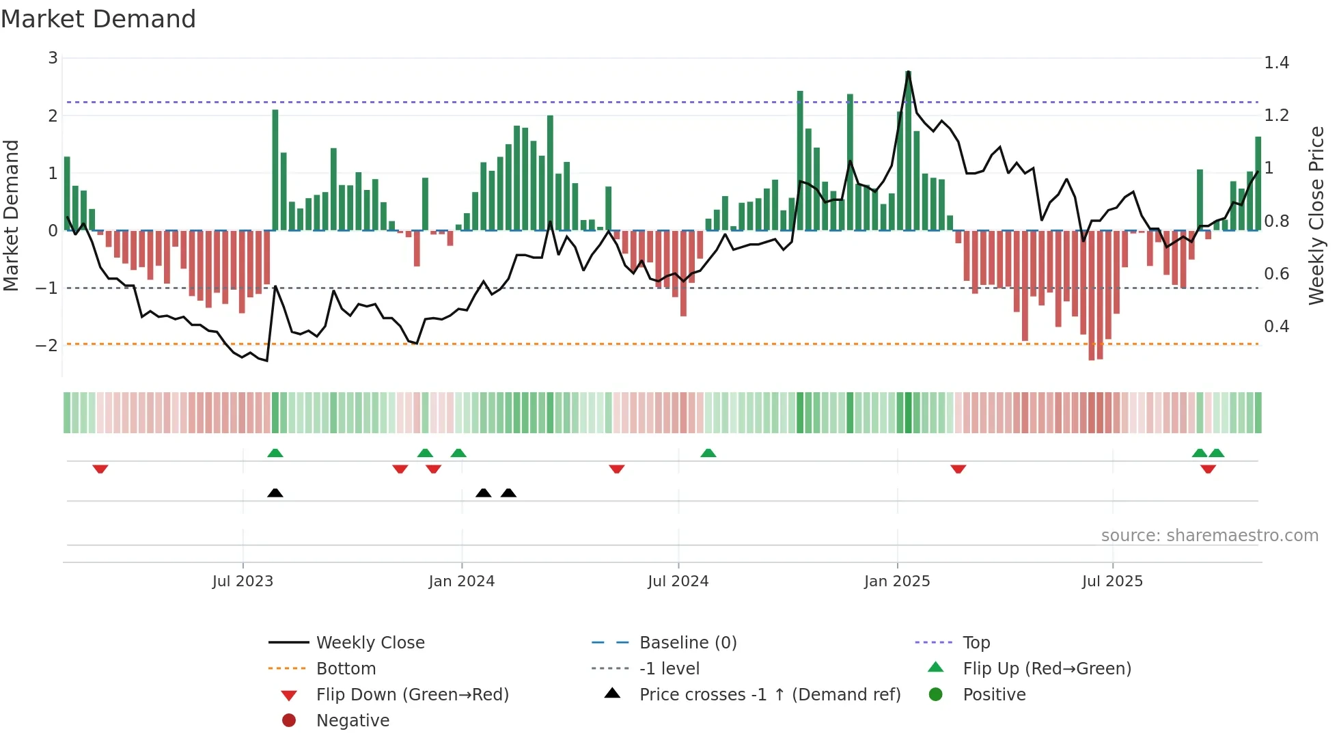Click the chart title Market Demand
coord(98,19)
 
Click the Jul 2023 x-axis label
coord(243,581)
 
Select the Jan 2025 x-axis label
coord(896,581)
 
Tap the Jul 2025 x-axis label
coord(1112,581)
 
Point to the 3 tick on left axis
coord(53,58)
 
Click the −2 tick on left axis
coord(46,345)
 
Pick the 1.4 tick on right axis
coord(1276,63)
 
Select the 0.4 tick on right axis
coord(1276,327)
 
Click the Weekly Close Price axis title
coord(1316,215)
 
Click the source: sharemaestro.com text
coord(1209,536)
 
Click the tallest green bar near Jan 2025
coord(909,150)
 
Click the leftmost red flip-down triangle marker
coord(100,469)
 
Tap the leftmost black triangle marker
coord(275,493)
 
